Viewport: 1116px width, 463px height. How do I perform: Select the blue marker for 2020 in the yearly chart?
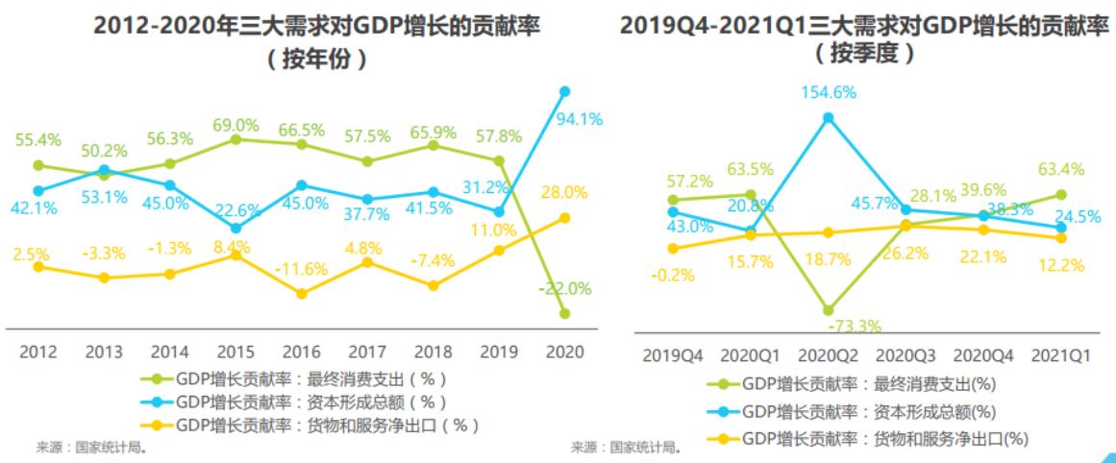(565, 91)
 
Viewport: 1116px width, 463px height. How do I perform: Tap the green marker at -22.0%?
(565, 313)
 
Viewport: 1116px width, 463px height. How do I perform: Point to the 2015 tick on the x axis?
(236, 352)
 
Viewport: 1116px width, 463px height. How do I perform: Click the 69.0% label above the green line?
(236, 125)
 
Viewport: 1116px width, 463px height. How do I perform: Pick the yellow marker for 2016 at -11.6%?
(302, 293)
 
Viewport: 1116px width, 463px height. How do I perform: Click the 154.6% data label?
(828, 92)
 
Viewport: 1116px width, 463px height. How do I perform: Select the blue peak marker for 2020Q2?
(828, 117)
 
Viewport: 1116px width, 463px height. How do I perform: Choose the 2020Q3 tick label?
(905, 356)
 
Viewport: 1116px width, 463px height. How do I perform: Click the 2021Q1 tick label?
(1061, 356)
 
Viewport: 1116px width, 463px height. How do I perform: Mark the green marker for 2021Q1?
(1061, 194)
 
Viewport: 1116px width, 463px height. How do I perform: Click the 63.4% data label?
(1060, 170)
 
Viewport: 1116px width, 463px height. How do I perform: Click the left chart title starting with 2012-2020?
(316, 27)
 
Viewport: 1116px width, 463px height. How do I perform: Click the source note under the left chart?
(92, 447)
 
